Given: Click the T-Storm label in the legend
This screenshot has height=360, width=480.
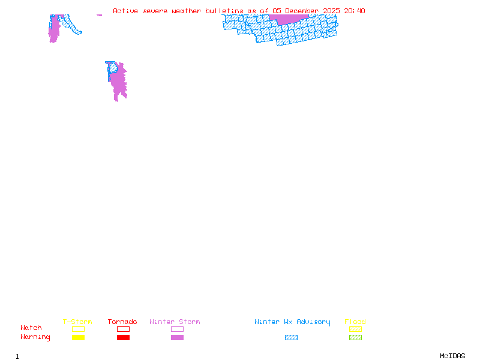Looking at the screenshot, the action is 77,322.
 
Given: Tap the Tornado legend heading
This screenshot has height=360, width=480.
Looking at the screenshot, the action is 122,322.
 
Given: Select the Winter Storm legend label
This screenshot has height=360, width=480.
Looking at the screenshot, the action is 175,322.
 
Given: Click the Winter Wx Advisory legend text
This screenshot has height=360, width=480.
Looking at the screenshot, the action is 292,322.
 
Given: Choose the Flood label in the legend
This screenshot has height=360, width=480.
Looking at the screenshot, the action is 355,322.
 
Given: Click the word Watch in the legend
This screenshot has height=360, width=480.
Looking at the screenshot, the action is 31,328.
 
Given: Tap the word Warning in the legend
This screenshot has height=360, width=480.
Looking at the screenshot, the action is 35,337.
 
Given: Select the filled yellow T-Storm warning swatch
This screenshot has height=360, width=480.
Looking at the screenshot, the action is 78,338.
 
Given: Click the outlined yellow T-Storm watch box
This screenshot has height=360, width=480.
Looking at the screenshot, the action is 78,329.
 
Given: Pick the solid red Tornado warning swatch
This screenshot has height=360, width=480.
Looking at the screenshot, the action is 123,338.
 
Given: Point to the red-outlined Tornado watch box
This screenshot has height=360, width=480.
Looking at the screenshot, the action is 123,329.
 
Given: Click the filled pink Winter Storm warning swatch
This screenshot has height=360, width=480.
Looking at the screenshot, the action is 177,338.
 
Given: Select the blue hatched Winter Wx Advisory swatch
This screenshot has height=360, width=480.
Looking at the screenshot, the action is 291,338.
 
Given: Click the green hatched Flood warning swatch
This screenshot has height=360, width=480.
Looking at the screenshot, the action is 355,338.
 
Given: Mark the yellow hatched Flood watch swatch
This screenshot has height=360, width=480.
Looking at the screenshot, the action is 355,329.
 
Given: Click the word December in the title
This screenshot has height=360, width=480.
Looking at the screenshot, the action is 302,11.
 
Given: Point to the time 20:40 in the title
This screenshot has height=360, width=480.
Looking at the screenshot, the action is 355,11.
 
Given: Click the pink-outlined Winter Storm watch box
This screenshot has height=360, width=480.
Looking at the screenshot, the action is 177,329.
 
